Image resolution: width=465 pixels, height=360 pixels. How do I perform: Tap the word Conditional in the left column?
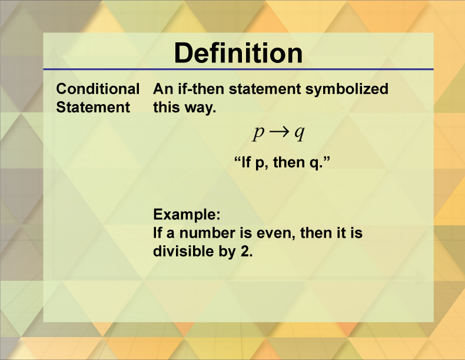pyautogui.click(x=98, y=89)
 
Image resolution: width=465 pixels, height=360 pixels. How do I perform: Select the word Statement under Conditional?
pyautogui.click(x=92, y=107)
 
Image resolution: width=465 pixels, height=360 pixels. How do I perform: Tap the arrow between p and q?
pyautogui.click(x=279, y=133)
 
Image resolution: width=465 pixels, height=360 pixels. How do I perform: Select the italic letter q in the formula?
pyautogui.click(x=299, y=134)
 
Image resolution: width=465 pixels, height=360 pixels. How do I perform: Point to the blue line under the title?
pyautogui.click(x=238, y=69)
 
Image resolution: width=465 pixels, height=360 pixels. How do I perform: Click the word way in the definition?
pyautogui.click(x=195, y=108)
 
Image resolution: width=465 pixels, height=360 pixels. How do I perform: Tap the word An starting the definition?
pyautogui.click(x=162, y=89)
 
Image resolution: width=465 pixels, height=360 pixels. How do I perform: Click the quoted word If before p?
pyautogui.click(x=247, y=162)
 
